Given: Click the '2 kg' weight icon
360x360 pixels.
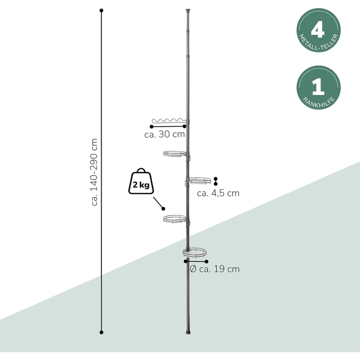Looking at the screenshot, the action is coord(141,181).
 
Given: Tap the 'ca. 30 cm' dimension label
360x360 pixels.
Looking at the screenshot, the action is coord(164,135).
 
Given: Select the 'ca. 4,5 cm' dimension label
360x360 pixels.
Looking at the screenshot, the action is coord(218,193).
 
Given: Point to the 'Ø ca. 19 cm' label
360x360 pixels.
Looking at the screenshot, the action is coord(215,269).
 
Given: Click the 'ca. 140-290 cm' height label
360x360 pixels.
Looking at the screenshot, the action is coord(94,172).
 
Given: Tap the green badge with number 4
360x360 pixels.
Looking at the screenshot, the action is coord(318,30).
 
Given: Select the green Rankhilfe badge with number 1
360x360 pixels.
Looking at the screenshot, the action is coord(318,88).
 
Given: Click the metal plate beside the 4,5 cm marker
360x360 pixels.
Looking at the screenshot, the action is coord(199,180).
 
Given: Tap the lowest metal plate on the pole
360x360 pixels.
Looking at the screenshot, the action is coord(195,252).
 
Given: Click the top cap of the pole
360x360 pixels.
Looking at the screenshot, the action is coord(188,10).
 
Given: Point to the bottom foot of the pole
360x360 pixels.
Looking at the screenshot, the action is coord(188,332).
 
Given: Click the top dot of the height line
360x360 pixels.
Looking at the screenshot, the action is coord(101,10).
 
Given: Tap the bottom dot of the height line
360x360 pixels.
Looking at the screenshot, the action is coord(101,332).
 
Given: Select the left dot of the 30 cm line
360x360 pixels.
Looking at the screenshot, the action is coord(152,127).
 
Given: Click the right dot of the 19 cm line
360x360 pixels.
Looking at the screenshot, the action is coord(206,262).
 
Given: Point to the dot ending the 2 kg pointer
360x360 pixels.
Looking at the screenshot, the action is coord(163,209).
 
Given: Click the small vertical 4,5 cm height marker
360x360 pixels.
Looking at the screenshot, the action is coord(215,181).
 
